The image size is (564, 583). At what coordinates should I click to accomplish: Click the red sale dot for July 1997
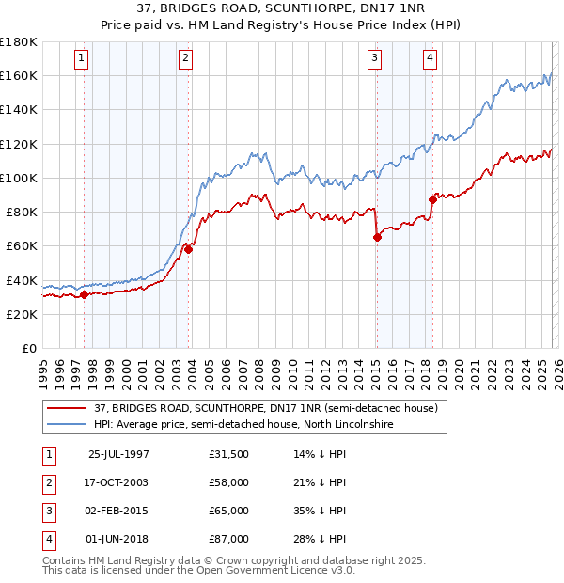(85, 294)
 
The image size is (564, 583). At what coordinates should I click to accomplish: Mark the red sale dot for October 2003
(188, 249)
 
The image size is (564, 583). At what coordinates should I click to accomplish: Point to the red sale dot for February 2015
(377, 237)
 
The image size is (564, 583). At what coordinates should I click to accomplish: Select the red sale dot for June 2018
(432, 199)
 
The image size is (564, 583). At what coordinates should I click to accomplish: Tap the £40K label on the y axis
(22, 280)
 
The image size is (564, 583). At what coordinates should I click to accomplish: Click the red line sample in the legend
(67, 409)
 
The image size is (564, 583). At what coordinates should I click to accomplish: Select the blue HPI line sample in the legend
(67, 425)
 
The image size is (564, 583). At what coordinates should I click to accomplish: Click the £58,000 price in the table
(229, 482)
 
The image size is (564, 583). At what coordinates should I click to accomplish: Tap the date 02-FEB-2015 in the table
(118, 511)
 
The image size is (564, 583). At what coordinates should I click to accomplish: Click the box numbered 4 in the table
(47, 539)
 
